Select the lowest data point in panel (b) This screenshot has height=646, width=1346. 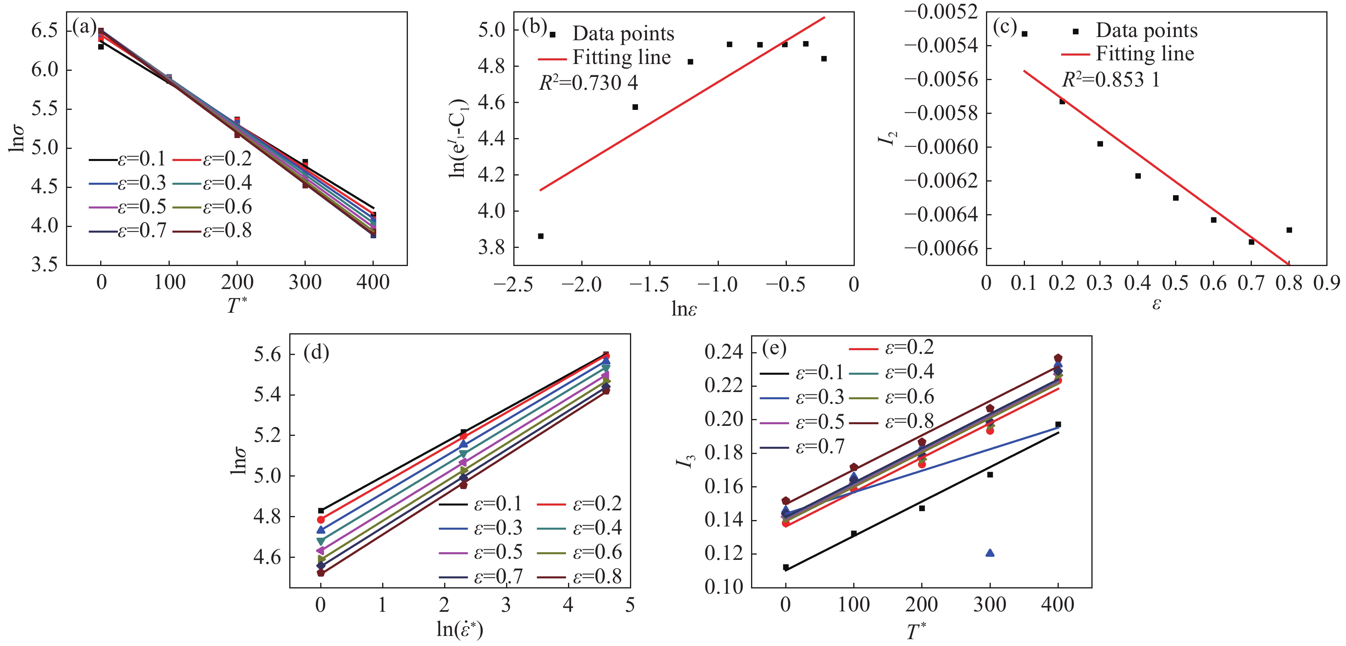point(541,236)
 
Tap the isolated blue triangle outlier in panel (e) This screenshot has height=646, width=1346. point(990,553)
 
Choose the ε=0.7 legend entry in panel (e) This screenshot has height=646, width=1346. point(819,446)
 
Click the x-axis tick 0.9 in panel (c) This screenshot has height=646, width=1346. point(1327,283)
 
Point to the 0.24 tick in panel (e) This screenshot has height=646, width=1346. point(723,352)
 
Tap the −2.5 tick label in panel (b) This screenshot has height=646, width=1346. point(513,285)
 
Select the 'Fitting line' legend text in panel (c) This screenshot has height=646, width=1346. point(1145,54)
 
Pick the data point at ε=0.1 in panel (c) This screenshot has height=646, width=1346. point(1025,34)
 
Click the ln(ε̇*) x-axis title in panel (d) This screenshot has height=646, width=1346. point(460,630)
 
